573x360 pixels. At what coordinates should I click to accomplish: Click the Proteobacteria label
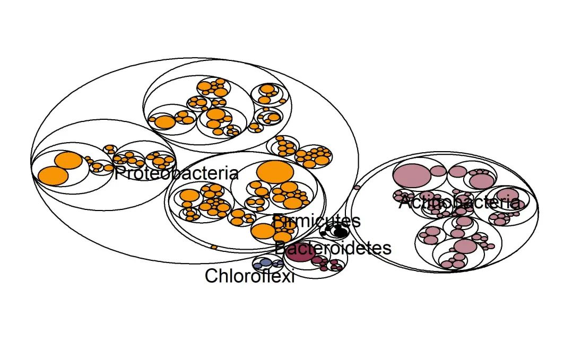click(176, 173)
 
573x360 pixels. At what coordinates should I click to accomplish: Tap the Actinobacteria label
click(459, 202)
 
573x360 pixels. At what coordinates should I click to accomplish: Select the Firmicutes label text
click(316, 221)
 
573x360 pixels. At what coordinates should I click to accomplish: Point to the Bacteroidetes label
click(333, 248)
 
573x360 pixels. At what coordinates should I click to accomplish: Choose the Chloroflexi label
click(249, 276)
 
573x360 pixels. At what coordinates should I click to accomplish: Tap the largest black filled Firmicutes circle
click(340, 232)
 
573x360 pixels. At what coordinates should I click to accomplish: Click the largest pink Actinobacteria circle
click(411, 175)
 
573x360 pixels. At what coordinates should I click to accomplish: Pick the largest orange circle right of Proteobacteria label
click(275, 171)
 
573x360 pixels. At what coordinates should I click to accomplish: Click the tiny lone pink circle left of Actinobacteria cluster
click(357, 187)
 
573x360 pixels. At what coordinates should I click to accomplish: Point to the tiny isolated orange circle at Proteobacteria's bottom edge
click(213, 247)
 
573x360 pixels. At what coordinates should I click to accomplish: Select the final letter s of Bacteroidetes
click(387, 248)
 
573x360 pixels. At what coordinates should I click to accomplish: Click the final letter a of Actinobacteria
click(514, 203)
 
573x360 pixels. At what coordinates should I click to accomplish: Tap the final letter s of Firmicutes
click(356, 221)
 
